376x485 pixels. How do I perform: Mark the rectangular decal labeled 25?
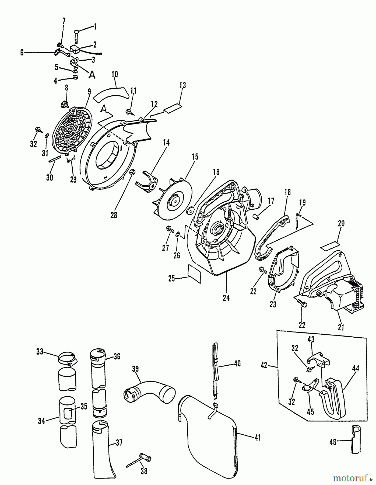click(x=194, y=273)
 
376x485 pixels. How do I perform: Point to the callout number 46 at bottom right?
click(x=333, y=442)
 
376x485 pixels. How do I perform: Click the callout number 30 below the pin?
click(x=50, y=178)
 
